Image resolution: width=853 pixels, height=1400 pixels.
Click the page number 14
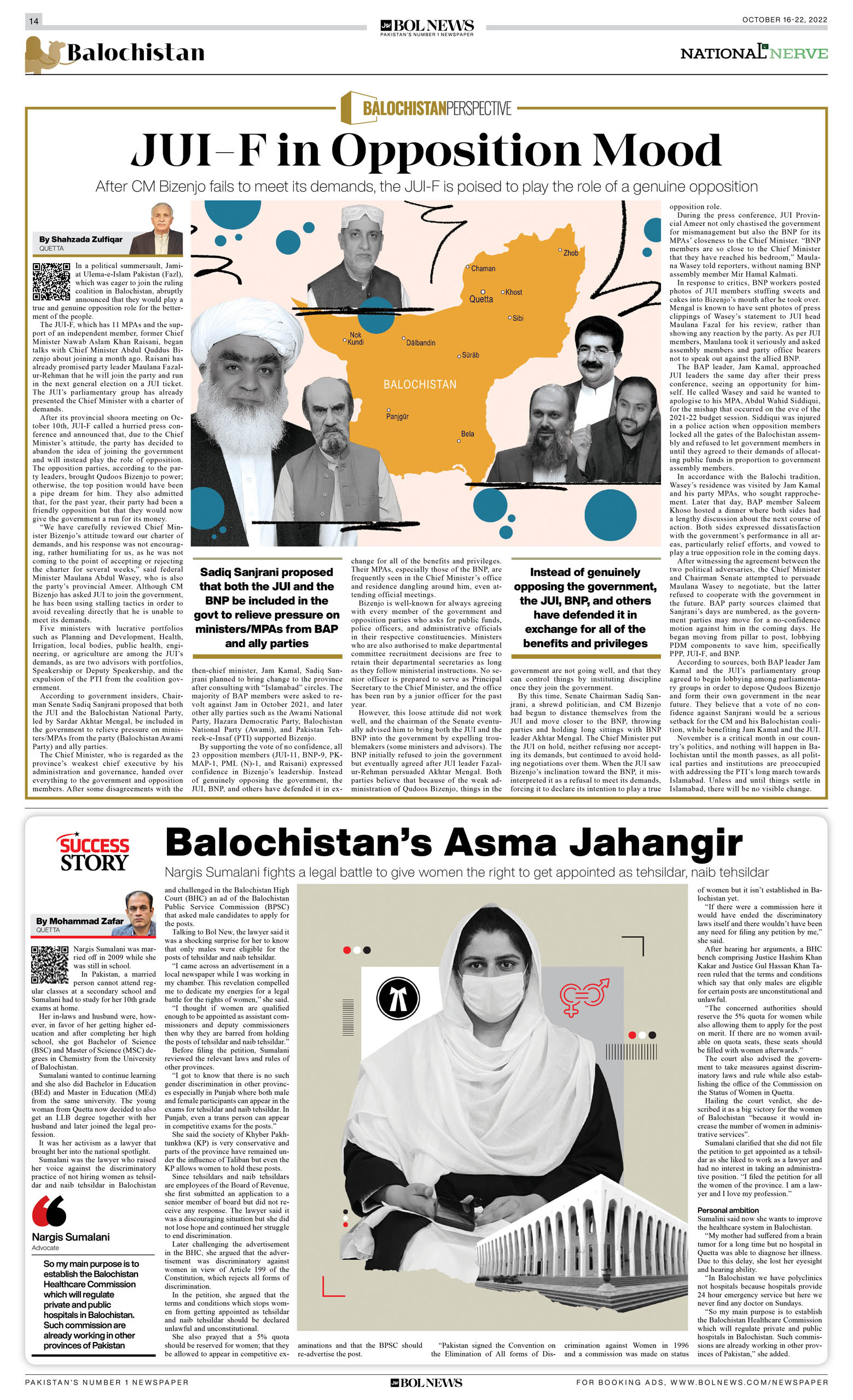coord(33,21)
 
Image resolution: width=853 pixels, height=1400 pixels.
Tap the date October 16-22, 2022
coord(784,19)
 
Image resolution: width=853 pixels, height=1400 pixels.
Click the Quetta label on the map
coord(481,299)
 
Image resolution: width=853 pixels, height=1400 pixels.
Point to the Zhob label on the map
coord(571,253)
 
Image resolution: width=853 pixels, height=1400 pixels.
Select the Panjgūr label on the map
coord(397,416)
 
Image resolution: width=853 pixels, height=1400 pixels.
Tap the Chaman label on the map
coord(483,268)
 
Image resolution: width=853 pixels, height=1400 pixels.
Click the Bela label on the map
coord(467,433)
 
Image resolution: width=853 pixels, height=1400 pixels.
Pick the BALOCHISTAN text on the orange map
coord(420,385)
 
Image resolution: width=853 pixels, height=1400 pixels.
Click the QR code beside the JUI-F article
coord(51,281)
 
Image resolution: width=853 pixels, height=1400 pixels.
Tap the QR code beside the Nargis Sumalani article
coord(49,964)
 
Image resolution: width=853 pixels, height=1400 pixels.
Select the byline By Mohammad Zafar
coord(79,921)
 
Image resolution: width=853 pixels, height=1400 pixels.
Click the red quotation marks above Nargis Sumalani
coord(49,1211)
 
